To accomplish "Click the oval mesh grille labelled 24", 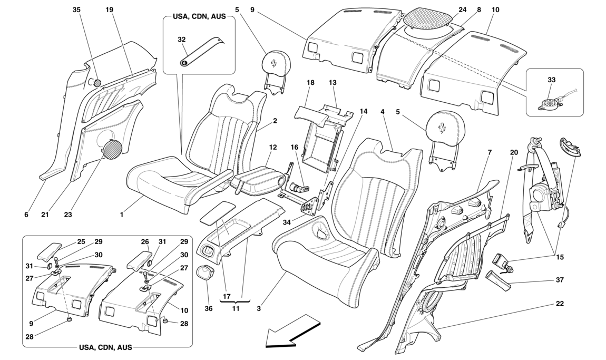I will [428, 17].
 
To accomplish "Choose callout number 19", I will [110, 9].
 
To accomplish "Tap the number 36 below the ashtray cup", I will [209, 308].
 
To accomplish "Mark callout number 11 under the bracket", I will [236, 308].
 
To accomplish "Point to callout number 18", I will [310, 83].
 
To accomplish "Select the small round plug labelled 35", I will [97, 82].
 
